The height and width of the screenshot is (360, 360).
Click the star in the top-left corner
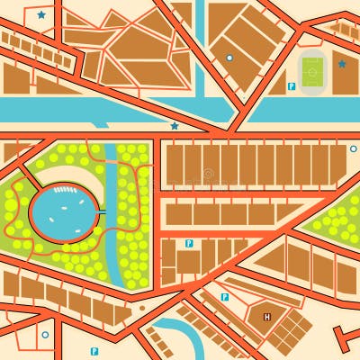pos(41,14)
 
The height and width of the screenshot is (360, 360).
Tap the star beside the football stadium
pos(341,64)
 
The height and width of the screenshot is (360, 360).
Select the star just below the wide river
pos(175,126)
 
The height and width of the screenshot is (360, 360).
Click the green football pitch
pos(312,70)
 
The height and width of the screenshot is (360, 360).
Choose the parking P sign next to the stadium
pos(291,86)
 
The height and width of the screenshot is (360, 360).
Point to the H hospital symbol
pos(266,317)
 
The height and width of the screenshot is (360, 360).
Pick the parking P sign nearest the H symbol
pos(224,296)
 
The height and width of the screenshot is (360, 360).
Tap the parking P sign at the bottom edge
pos(94,351)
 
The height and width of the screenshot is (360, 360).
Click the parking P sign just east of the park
pos(188,243)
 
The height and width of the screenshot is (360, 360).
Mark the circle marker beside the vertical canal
pos(229,58)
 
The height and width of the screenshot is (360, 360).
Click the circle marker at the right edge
pos(353,148)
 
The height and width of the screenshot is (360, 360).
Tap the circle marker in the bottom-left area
pos(45,335)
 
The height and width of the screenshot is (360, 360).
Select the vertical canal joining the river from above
pos(200,45)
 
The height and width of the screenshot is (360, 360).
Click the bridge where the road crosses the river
pos(236,110)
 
